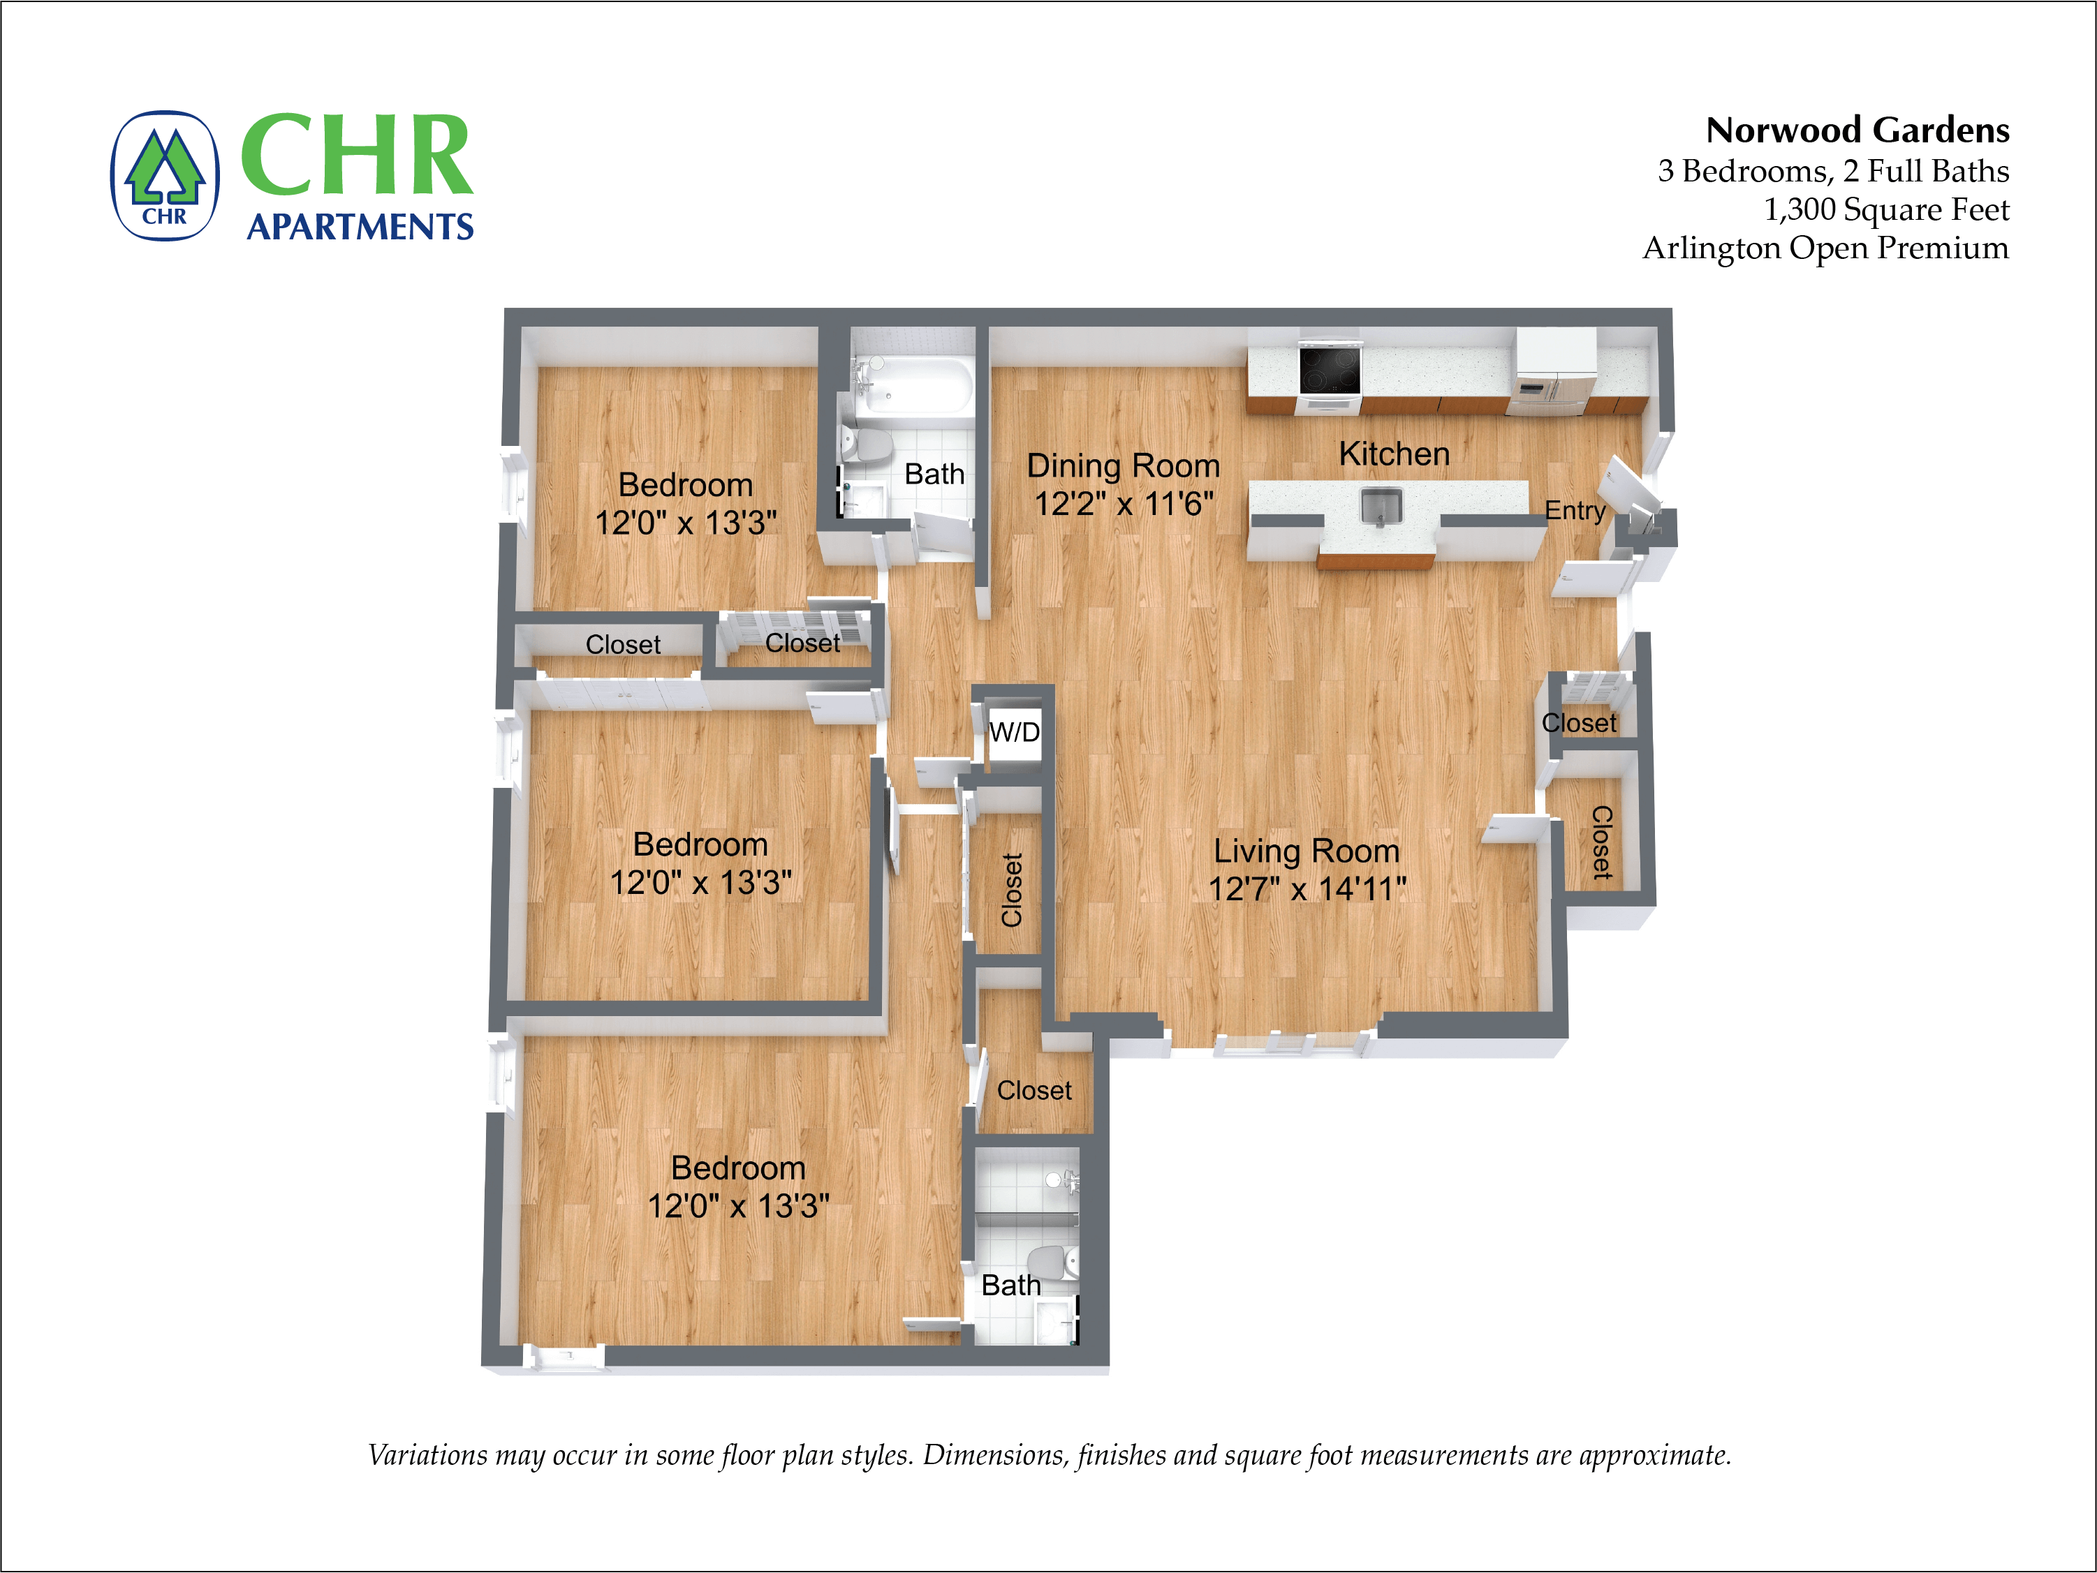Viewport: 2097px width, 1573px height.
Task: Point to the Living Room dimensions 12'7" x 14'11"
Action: point(1307,889)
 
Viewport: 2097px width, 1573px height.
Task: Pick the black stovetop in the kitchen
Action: point(1329,370)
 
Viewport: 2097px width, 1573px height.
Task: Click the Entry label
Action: point(1575,511)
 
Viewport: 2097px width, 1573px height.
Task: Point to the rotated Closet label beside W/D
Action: point(1012,890)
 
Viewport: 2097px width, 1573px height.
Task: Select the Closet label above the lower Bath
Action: point(1033,1091)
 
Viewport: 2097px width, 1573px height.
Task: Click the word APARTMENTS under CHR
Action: point(360,228)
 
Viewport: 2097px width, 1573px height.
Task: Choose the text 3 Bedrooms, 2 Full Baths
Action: point(1832,172)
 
